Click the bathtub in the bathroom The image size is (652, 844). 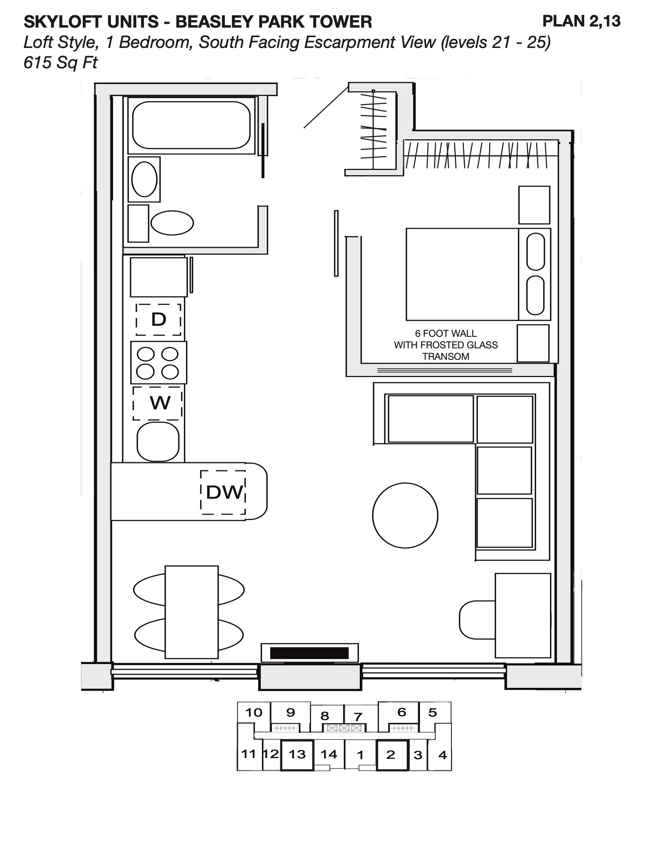(191, 125)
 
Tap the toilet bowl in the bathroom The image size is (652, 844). (172, 223)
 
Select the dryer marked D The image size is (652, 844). (158, 320)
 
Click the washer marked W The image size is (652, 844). (158, 403)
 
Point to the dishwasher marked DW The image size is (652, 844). (223, 492)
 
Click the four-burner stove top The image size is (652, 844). (158, 363)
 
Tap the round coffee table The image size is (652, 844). (405, 515)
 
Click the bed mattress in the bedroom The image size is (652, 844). (462, 274)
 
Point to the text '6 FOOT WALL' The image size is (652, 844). (446, 333)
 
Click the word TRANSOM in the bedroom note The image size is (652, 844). (446, 356)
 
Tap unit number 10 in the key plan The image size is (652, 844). (254, 712)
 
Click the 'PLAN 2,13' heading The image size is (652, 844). (581, 21)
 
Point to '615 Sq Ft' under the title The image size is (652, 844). (61, 63)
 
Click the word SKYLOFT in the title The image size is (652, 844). (64, 22)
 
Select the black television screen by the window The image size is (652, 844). (310, 653)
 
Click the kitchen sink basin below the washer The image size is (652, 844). (158, 442)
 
